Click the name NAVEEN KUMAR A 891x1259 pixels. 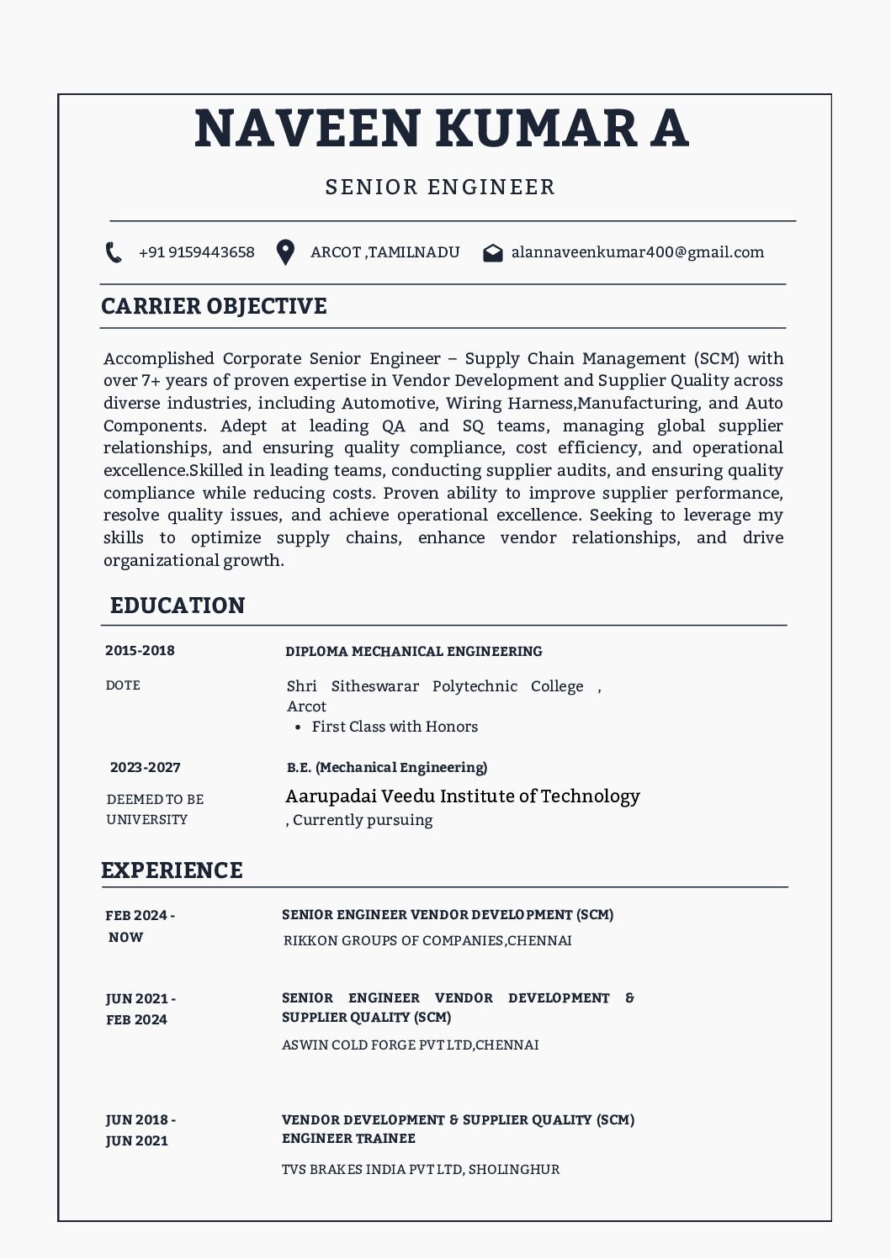click(x=442, y=128)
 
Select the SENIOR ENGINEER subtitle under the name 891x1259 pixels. click(x=441, y=187)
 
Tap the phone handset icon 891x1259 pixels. click(x=114, y=252)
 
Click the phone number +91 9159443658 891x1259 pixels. click(x=196, y=252)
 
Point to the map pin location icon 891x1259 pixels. click(x=286, y=252)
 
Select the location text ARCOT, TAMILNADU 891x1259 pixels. click(x=385, y=252)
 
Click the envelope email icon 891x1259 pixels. click(x=493, y=253)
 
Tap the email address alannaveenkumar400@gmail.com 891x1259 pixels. click(x=638, y=252)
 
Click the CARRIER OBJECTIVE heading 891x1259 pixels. click(x=214, y=306)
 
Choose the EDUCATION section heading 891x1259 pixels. click(x=178, y=606)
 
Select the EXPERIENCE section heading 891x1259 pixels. click(x=172, y=870)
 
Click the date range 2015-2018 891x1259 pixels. click(x=140, y=650)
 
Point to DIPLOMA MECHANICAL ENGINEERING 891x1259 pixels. click(x=414, y=651)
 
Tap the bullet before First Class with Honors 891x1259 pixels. click(x=299, y=727)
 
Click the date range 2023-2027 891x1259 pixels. click(x=146, y=767)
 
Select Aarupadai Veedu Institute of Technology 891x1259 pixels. click(x=463, y=796)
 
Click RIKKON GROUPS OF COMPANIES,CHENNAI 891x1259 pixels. click(x=427, y=940)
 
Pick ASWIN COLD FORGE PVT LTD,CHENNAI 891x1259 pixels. click(x=411, y=1045)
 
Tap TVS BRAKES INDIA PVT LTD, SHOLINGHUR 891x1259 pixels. click(x=421, y=1169)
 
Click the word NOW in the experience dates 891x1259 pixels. click(x=125, y=937)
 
